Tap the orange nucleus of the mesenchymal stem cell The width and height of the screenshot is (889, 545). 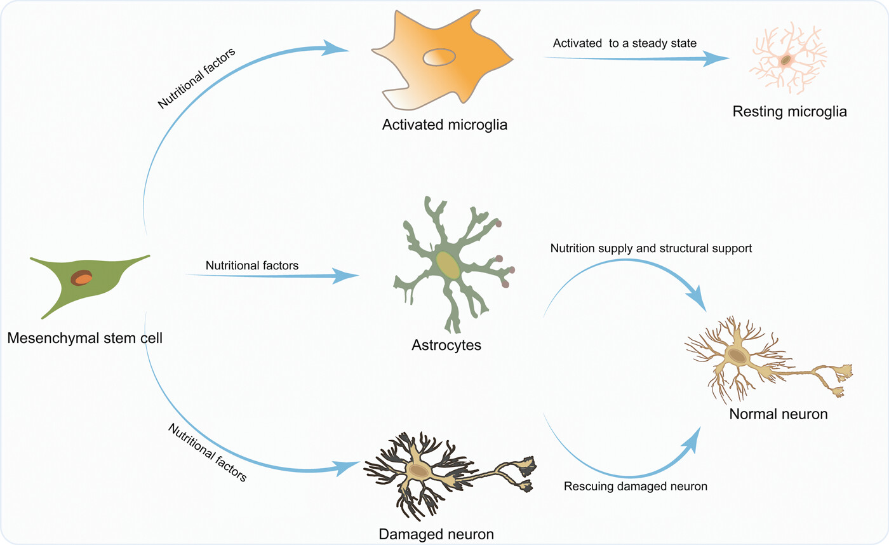(83, 278)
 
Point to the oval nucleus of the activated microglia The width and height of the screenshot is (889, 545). (439, 57)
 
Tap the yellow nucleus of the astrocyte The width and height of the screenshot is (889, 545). (448, 265)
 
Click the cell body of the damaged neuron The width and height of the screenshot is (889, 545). (419, 470)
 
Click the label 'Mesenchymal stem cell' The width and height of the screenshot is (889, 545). (85, 338)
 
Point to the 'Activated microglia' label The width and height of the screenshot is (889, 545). (444, 123)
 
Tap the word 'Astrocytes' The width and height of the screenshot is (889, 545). (446, 346)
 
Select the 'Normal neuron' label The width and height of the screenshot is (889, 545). (779, 415)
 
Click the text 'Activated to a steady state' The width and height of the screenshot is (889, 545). (625, 43)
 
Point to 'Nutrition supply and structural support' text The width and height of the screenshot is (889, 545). (651, 248)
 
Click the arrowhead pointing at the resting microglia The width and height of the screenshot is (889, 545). (718, 60)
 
